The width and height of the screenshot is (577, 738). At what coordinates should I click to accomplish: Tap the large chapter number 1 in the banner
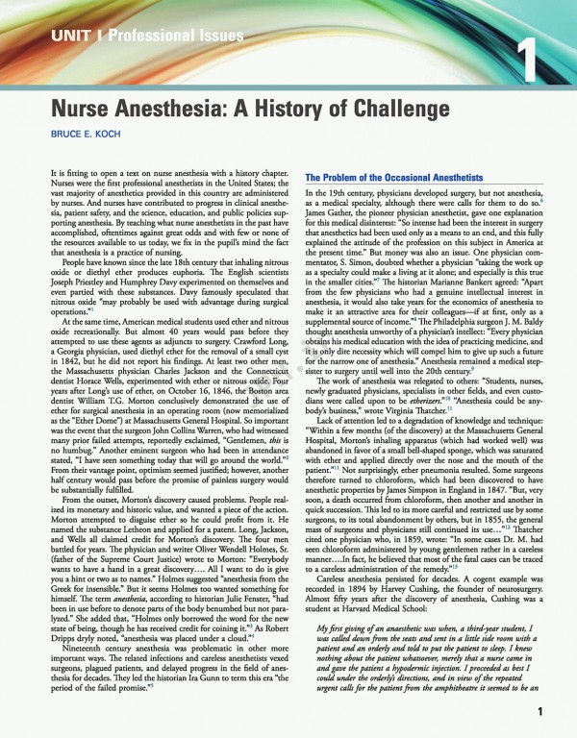526,49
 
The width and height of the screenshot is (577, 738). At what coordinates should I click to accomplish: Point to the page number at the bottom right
542,712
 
